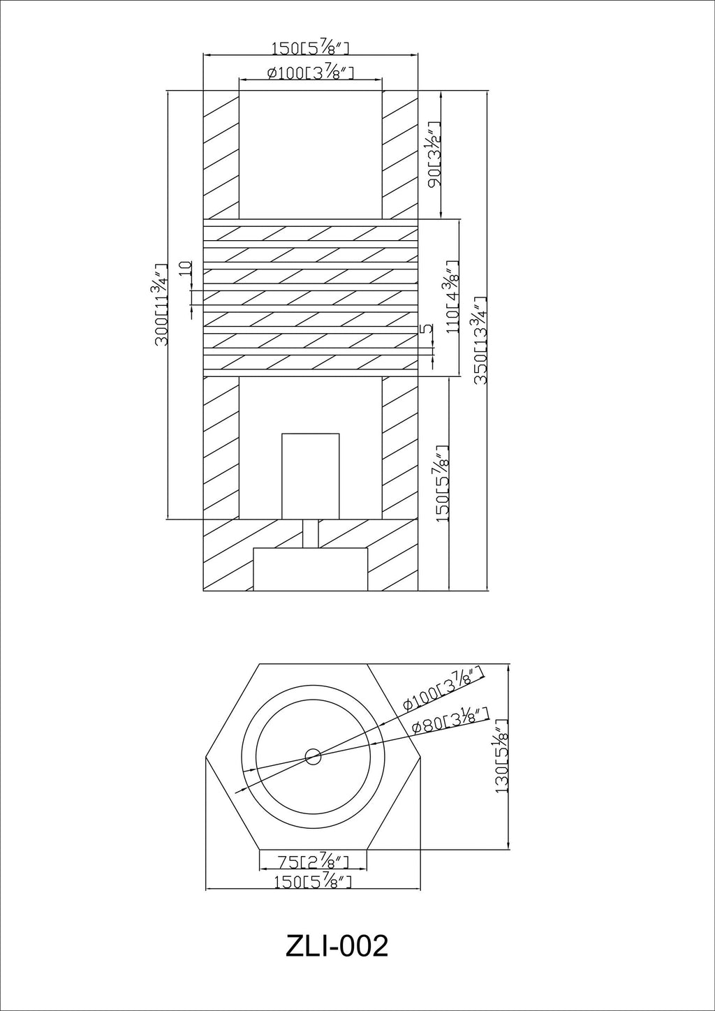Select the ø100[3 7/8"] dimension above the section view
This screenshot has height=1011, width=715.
pyautogui.click(x=309, y=73)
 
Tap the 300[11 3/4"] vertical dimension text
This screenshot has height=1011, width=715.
pyautogui.click(x=161, y=304)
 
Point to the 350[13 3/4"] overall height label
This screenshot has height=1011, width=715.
pyautogui.click(x=480, y=340)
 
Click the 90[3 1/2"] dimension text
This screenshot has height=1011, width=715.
pyautogui.click(x=435, y=155)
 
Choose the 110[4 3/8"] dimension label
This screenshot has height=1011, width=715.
pyautogui.click(x=452, y=297)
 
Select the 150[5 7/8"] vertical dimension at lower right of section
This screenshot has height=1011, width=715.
pyautogui.click(x=443, y=483)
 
